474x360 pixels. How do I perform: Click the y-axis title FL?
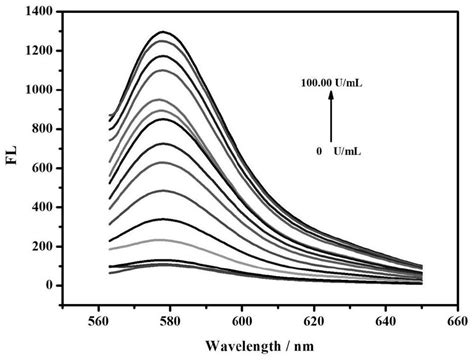[x=15, y=157]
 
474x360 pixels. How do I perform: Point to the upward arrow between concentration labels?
[x=330, y=118]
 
